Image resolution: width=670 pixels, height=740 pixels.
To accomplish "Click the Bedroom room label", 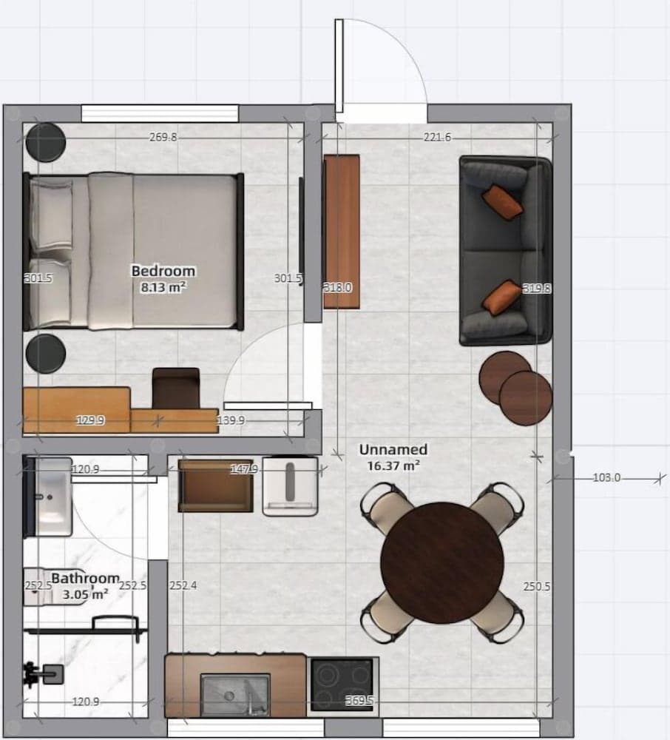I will (163, 271).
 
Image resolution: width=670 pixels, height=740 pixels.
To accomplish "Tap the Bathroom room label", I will (85, 578).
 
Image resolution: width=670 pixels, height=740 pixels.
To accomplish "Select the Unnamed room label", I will (393, 449).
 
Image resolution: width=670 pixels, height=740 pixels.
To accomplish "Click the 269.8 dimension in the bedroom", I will (163, 137).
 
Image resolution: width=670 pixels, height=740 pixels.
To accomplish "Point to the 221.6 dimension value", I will (437, 137).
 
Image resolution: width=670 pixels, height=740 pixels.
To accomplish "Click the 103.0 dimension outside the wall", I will (606, 478).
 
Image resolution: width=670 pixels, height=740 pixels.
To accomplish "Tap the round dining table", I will (441, 551).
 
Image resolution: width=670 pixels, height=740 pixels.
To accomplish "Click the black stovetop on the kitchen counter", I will (341, 684).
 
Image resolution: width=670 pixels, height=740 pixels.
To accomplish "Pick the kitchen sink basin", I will (234, 694).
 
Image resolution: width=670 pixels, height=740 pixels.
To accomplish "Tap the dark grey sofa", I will (505, 251).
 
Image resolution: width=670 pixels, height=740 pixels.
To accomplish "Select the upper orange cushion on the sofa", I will (502, 201).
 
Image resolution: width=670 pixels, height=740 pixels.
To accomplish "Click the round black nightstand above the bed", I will (46, 141).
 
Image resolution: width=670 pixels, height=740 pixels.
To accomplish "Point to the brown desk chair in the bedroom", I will (175, 387).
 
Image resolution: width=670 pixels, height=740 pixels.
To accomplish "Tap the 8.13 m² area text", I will (163, 286).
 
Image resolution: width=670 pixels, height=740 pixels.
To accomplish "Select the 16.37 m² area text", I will (393, 465).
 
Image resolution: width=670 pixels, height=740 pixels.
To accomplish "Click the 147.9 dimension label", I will (243, 469).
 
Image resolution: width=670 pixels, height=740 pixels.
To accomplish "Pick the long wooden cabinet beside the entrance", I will (342, 231).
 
